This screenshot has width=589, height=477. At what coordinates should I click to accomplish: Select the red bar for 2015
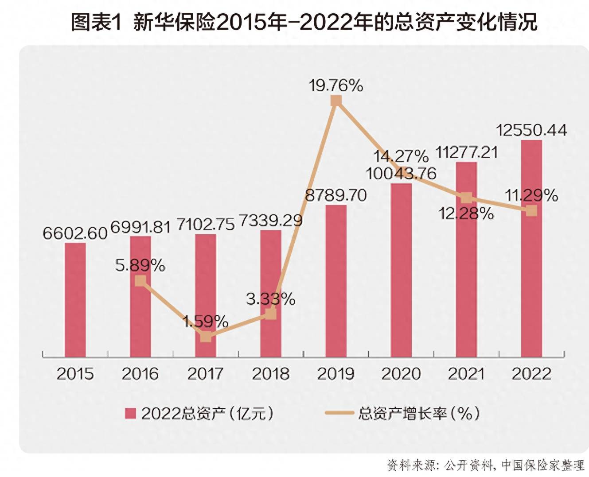point(75,300)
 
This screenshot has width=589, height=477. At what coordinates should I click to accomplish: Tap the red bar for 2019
point(336,281)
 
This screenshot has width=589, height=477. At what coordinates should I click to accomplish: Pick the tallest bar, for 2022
point(531,248)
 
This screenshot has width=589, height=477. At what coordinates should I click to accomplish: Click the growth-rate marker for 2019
point(336,101)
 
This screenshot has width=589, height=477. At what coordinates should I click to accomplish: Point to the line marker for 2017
point(206,337)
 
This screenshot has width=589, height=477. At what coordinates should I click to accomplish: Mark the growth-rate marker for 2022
point(531,211)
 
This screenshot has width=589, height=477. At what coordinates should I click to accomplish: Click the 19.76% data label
point(336,85)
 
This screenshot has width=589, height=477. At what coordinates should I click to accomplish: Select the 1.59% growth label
point(206,322)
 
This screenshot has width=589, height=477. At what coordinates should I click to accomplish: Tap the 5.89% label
point(140,265)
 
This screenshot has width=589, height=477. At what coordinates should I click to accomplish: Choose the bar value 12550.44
point(531,130)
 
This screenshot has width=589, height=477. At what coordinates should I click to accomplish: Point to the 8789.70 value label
point(336,195)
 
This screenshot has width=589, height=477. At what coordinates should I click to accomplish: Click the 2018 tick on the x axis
point(271,374)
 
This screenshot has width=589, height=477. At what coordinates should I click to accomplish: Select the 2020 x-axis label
point(401,374)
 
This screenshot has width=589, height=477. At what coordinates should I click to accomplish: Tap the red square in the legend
point(130,413)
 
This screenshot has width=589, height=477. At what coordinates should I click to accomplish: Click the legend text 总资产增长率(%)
point(419,413)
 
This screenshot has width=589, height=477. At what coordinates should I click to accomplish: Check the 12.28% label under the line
point(466,214)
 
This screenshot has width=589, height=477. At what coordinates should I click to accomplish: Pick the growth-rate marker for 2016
point(140,281)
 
